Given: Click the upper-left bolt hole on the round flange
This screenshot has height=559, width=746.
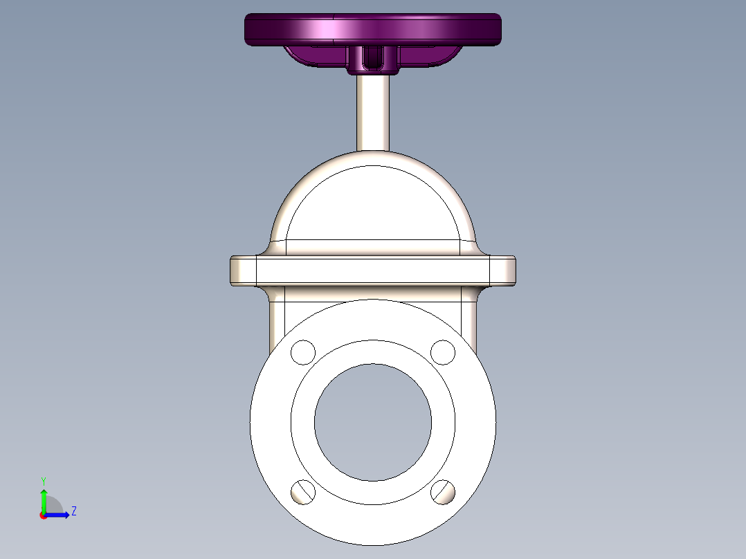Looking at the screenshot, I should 302,352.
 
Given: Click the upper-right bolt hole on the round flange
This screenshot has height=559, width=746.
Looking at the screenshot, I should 443,352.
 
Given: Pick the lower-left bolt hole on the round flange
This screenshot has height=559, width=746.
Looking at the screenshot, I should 303,492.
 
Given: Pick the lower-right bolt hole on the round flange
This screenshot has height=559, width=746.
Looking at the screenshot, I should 443,492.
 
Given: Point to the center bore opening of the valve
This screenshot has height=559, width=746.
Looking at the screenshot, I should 373,422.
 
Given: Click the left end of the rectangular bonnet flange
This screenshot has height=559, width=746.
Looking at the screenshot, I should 243,271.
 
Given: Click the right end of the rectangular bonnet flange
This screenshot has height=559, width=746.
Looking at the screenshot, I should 502,271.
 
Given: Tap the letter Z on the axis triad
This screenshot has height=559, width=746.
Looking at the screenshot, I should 74,511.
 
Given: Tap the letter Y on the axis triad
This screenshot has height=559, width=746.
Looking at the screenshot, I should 44,479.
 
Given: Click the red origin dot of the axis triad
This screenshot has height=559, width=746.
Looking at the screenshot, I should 44,515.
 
